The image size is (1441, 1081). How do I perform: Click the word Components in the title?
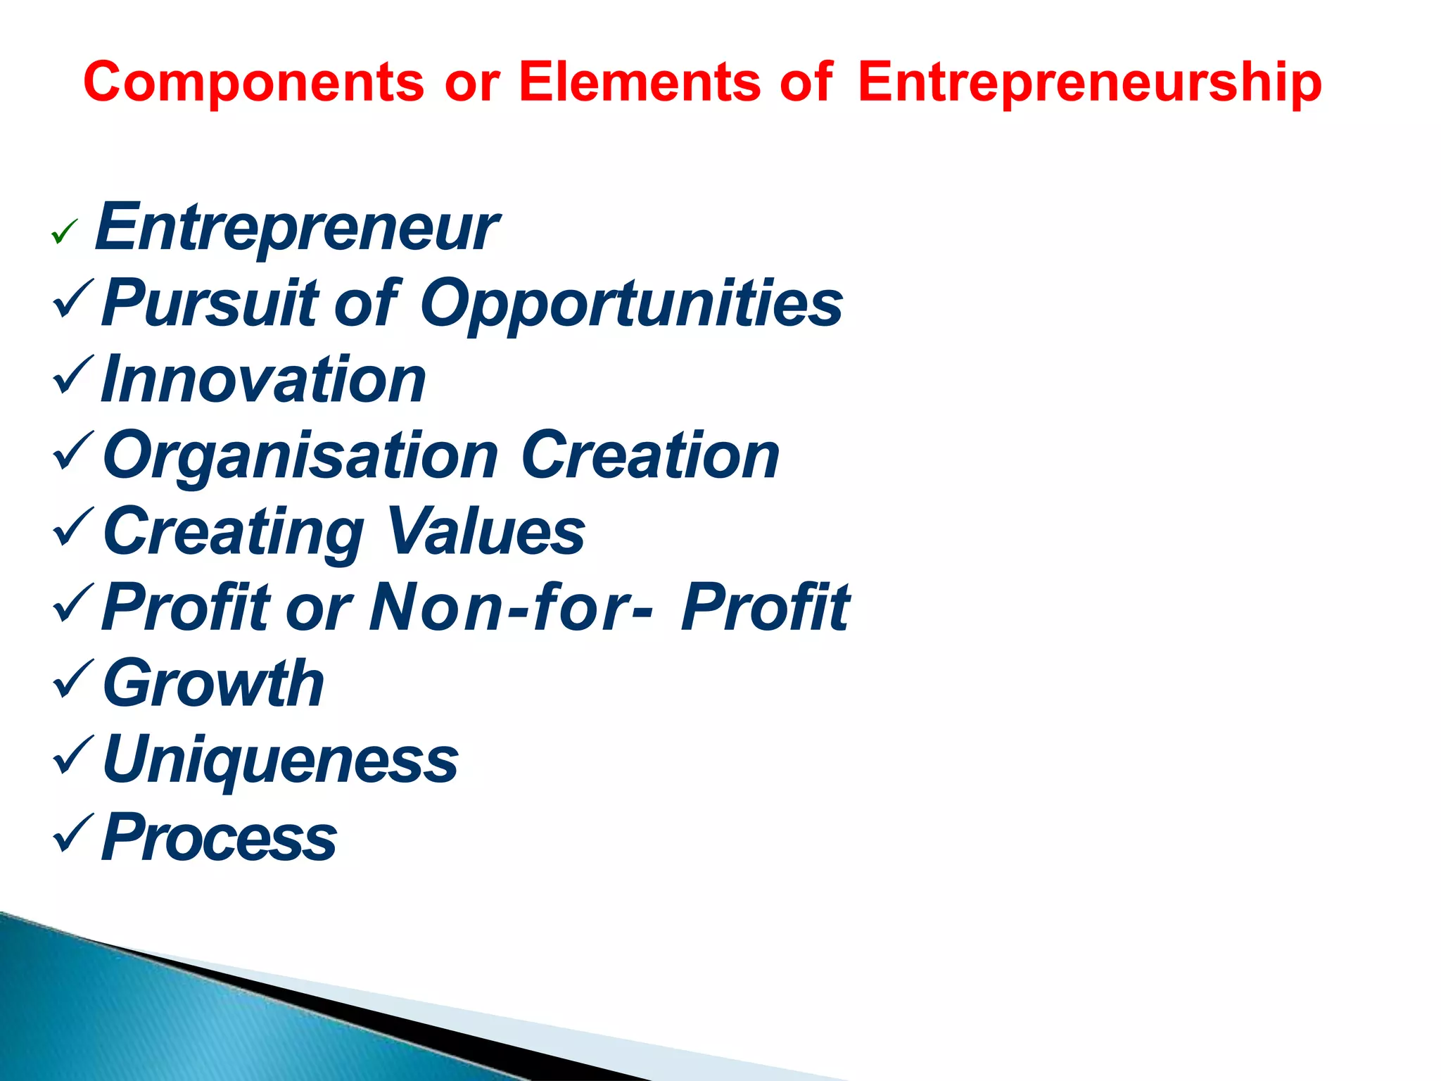[253, 82]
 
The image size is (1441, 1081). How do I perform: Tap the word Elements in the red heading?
[640, 82]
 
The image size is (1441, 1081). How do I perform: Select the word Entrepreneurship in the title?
[1089, 82]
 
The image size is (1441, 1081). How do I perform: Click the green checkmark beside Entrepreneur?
[64, 232]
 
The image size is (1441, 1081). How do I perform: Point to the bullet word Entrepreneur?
[296, 227]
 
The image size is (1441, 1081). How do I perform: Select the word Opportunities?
[631, 304]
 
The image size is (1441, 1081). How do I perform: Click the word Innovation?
[263, 379]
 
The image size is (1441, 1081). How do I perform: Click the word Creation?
[650, 455]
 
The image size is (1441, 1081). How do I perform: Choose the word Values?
[485, 531]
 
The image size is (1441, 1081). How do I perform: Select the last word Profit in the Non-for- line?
[765, 607]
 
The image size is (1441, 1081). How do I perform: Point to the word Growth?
[213, 683]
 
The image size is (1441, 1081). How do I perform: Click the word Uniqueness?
[280, 760]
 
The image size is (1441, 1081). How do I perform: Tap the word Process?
[219, 837]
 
